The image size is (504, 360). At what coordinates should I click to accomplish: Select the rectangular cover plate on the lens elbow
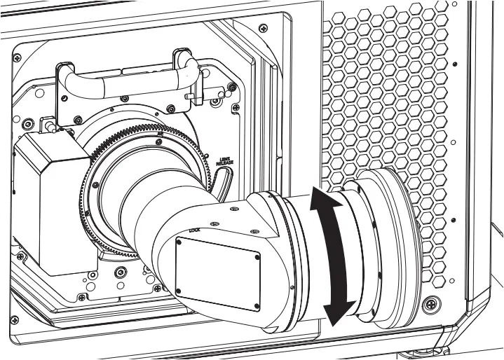pos(218,264)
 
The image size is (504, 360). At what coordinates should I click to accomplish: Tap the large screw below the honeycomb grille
pos(429,305)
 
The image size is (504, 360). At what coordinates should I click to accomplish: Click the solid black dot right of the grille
pos(455,64)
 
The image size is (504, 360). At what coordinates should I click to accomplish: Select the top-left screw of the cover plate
pos(178,243)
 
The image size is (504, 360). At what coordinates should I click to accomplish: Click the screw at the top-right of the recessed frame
pos(262,28)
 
